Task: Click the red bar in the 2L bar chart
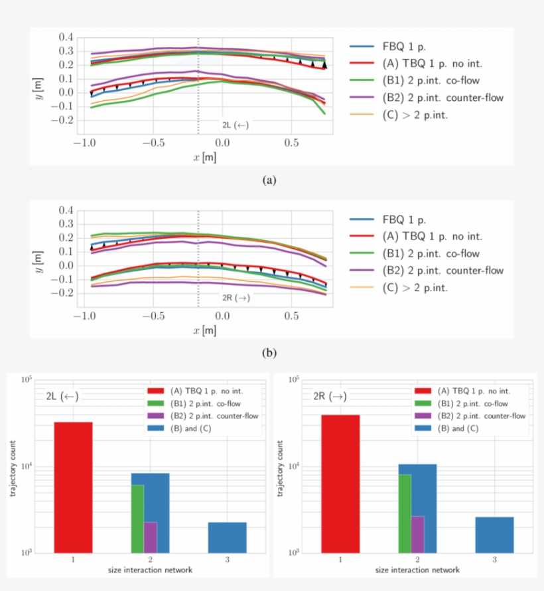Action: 73,487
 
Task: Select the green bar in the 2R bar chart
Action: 405,513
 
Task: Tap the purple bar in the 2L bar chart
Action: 151,537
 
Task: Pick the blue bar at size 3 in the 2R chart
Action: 494,535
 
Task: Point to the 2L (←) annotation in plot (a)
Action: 236,125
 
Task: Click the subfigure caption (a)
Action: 269,180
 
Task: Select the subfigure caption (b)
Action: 269,353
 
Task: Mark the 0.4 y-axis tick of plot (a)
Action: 66,37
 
